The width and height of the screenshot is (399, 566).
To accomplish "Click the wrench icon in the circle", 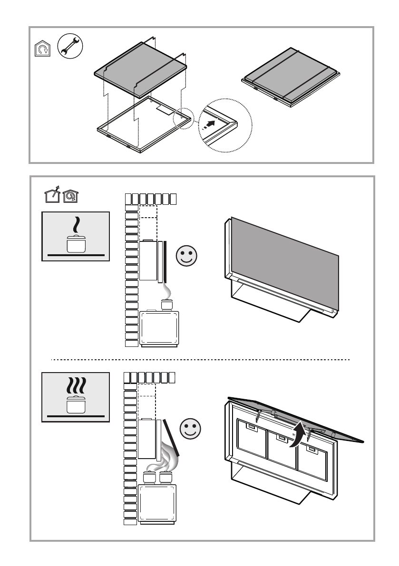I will (70, 48).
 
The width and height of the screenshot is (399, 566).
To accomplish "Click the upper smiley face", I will (186, 256).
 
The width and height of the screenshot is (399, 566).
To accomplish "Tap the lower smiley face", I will (191, 429).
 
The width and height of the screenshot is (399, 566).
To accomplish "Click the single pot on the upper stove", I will (166, 304).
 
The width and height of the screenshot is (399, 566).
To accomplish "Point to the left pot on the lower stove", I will (150, 477).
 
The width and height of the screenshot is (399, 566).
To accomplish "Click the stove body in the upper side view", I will (160, 328).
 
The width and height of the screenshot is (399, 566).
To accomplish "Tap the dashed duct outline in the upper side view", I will (147, 218).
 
